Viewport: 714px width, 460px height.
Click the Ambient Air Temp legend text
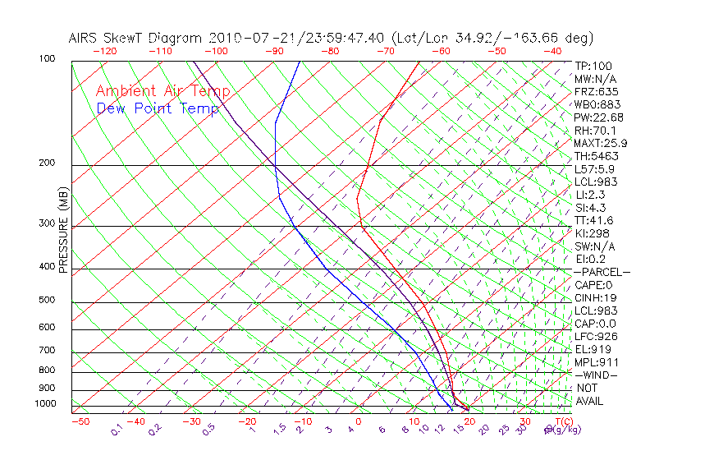[162, 92]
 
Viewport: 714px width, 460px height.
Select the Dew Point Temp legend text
[158, 108]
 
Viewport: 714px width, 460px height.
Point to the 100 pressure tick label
[47, 59]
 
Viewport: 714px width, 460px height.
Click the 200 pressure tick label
[47, 163]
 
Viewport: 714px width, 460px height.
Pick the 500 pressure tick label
[47, 301]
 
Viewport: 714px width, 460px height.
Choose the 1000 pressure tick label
[45, 404]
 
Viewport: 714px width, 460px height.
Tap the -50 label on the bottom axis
[80, 421]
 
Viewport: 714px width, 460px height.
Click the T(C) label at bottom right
[561, 421]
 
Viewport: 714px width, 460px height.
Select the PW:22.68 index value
[598, 117]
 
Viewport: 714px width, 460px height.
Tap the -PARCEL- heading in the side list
[602, 272]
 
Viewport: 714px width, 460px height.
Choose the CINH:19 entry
[596, 298]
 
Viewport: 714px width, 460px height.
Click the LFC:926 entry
[596, 337]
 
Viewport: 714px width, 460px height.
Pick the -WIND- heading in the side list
[596, 375]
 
